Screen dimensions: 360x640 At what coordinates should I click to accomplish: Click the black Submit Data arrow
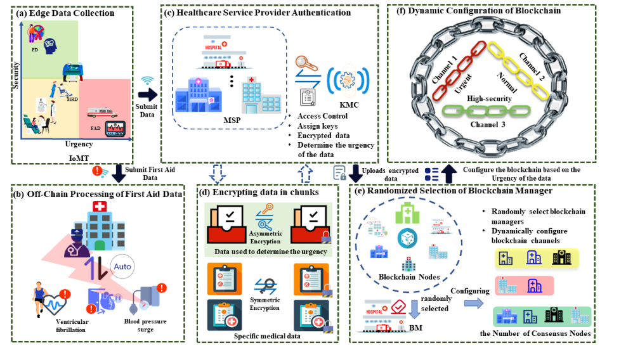tap(148, 95)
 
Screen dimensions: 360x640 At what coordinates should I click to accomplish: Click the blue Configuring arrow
tap(472, 303)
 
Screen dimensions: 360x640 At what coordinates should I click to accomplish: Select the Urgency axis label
tap(79, 144)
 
